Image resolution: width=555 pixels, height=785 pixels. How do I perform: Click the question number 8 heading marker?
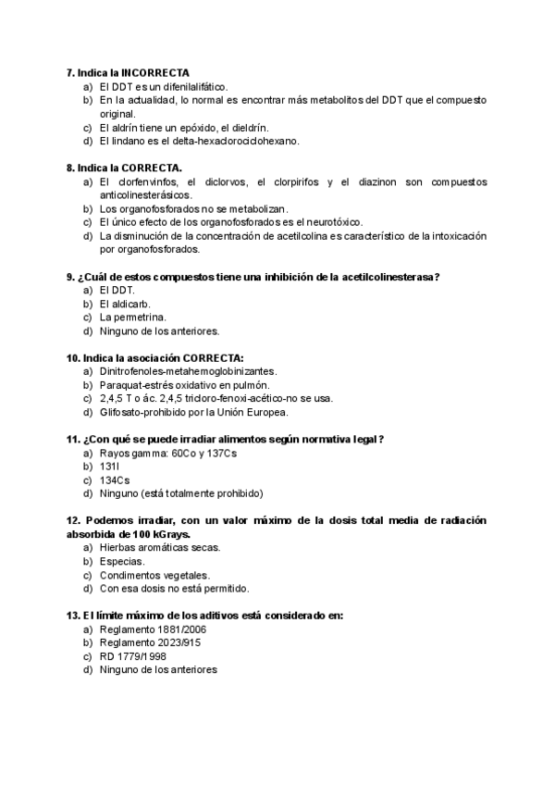tap(70, 168)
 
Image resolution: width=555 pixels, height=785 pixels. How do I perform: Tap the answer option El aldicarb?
tap(125, 304)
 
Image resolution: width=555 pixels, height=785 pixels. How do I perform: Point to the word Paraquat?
tap(120, 385)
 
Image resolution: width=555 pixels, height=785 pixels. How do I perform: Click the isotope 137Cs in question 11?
tap(222, 454)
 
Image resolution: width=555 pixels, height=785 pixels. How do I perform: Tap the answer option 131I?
tap(109, 467)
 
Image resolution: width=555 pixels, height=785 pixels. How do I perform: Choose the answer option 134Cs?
tap(115, 480)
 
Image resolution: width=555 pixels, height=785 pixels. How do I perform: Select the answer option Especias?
tap(122, 561)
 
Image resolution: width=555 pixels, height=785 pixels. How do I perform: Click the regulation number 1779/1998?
tap(140, 656)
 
